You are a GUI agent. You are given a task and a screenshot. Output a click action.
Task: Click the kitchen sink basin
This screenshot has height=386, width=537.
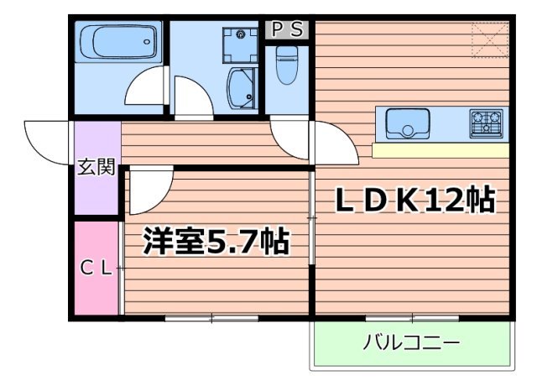coord(408,124)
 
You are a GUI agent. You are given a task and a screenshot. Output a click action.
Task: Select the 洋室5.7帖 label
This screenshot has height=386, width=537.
coord(216,242)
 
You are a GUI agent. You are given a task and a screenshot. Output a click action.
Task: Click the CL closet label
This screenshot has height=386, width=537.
coord(95,269)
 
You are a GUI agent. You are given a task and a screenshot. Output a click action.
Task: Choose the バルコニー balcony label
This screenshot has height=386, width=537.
coord(411,343)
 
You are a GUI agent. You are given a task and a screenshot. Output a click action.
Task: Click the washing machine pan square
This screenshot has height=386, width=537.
coord(242,44)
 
